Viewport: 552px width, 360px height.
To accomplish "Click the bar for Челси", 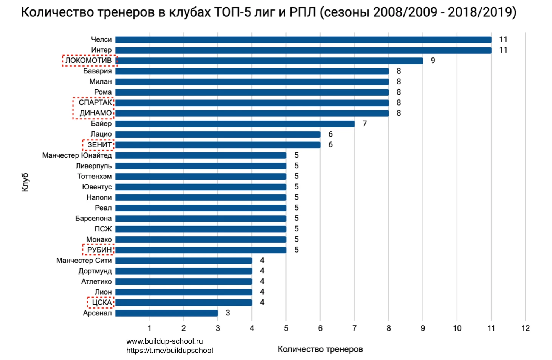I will coord(303,40).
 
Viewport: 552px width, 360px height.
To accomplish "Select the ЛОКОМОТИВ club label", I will coord(89,61).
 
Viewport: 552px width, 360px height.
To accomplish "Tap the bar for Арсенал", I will coord(166,313).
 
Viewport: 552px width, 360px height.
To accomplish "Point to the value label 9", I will coord(433,61).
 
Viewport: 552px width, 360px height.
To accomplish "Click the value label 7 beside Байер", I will coord(364,124).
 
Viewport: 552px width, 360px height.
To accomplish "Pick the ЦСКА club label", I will coord(102,303).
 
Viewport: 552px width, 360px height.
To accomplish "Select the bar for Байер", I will coord(235,124).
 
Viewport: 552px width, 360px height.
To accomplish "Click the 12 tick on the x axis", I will coord(525,328).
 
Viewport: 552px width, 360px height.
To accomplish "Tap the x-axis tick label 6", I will coord(320,328).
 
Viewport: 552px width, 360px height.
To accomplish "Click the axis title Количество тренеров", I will coord(320,349).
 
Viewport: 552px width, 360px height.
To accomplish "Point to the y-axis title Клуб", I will coord(25,183).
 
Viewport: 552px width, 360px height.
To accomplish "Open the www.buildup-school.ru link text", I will coord(164,341).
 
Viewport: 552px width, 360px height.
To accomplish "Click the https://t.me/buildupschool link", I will coord(169,351).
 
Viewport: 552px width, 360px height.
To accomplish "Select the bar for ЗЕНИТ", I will coord(218,145).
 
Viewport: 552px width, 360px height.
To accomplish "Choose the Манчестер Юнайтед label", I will coord(77,155).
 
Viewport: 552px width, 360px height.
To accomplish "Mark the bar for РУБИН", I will coord(201,250).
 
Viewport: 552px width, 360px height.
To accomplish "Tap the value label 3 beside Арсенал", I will coord(228,313).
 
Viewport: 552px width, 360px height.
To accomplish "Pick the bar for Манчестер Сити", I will coord(183,261).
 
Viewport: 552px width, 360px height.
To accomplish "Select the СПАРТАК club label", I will coord(95,102).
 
